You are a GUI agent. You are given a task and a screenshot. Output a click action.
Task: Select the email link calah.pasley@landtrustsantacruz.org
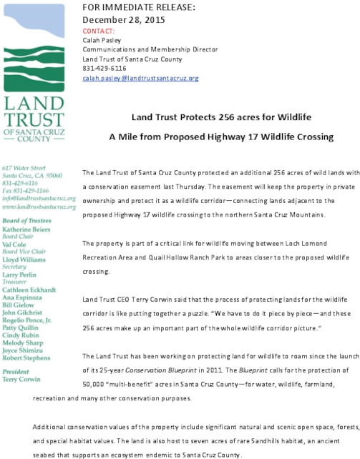(141, 78)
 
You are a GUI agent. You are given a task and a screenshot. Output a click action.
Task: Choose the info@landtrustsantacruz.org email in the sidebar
(39, 199)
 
